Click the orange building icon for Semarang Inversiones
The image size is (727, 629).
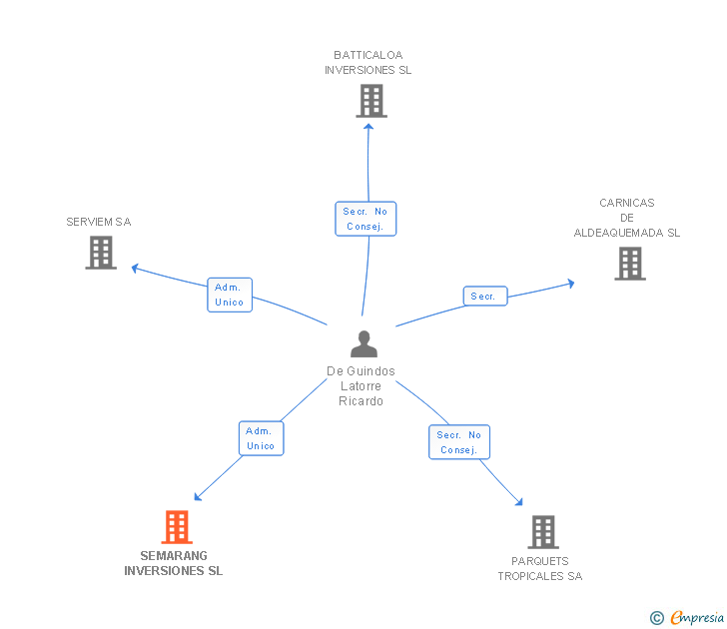[x=177, y=527]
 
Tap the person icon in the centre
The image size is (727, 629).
[x=363, y=343]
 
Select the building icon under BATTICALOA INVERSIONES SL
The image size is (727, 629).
[x=371, y=101]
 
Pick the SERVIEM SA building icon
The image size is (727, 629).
[x=101, y=253]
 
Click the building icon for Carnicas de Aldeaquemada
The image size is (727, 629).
[x=630, y=264]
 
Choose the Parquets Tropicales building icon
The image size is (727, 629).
[x=543, y=532]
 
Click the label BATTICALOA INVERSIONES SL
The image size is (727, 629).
[x=368, y=63]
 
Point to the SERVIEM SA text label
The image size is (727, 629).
[x=99, y=222]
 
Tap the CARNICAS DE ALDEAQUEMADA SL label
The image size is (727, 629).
[x=627, y=218]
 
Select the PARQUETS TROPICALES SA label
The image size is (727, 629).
[x=540, y=569]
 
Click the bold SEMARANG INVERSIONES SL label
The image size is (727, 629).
[x=174, y=563]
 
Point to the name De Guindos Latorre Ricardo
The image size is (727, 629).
[x=361, y=386]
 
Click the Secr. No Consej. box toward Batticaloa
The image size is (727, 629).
[x=365, y=219]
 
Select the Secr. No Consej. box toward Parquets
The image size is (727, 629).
[x=459, y=442]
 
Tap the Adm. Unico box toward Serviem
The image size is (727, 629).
[x=230, y=295]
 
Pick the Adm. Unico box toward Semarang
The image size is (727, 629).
[x=261, y=438]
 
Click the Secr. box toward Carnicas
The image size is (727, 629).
[x=485, y=297]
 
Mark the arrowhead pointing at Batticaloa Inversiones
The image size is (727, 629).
[x=368, y=127]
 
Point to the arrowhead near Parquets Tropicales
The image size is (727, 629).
[x=519, y=501]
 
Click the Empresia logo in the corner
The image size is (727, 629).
[x=687, y=617]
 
